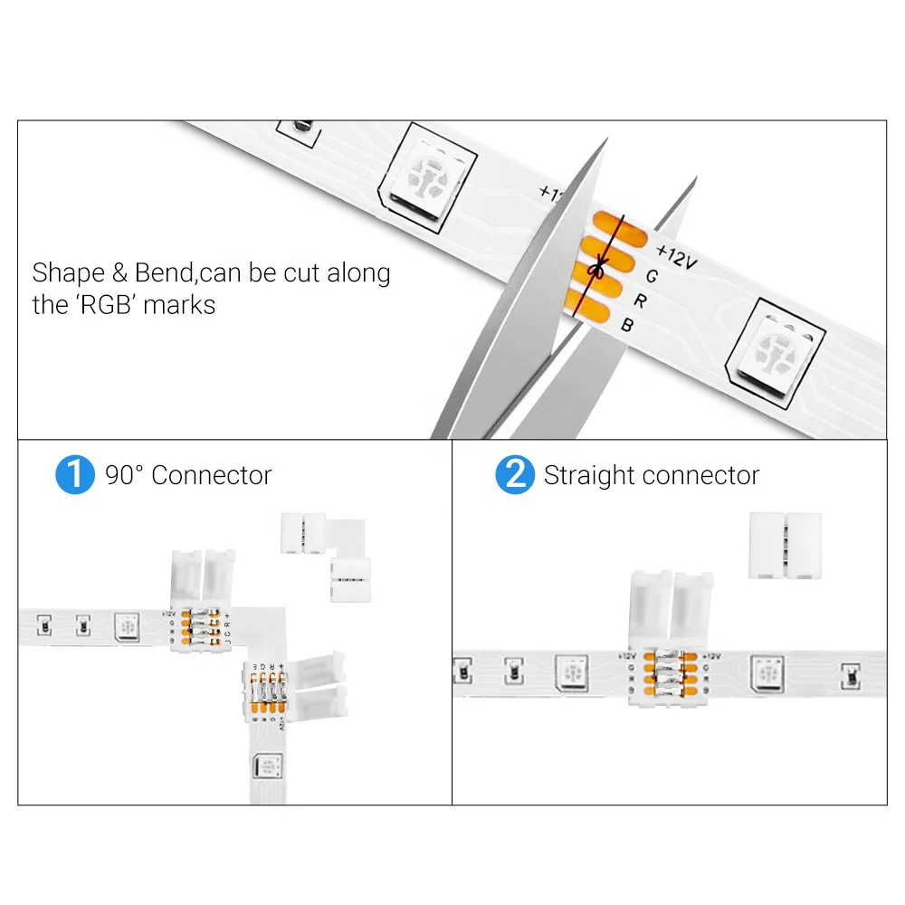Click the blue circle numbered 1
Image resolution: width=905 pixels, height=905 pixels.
pos(74,475)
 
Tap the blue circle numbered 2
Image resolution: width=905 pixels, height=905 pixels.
pos(515,475)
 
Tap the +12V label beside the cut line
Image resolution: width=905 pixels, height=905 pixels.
pos(676,254)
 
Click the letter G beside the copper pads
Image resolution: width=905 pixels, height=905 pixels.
pos(651,275)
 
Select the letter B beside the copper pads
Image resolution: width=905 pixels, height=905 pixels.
pos(626,325)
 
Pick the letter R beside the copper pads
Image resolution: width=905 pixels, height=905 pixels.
pos(638,300)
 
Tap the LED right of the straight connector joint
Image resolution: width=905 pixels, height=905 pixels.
pos(766,672)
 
